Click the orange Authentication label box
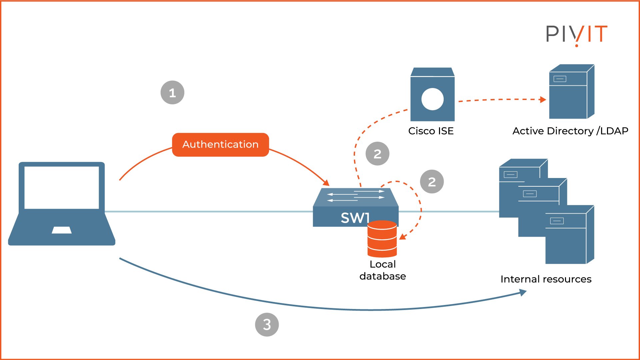point(220,145)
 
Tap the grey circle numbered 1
point(172,93)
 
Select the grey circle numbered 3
point(267,324)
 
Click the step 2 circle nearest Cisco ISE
point(377,154)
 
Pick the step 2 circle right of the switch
point(432,182)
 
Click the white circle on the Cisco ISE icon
point(432,99)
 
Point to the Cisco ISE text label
point(431,131)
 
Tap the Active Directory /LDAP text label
point(570,131)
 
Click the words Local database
point(383,270)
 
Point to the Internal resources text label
point(546,279)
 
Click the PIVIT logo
point(577,35)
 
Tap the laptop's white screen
point(62,188)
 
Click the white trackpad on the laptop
point(62,230)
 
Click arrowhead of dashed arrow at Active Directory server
point(543,99)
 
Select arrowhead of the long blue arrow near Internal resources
point(523,292)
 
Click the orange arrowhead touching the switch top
point(326,183)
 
